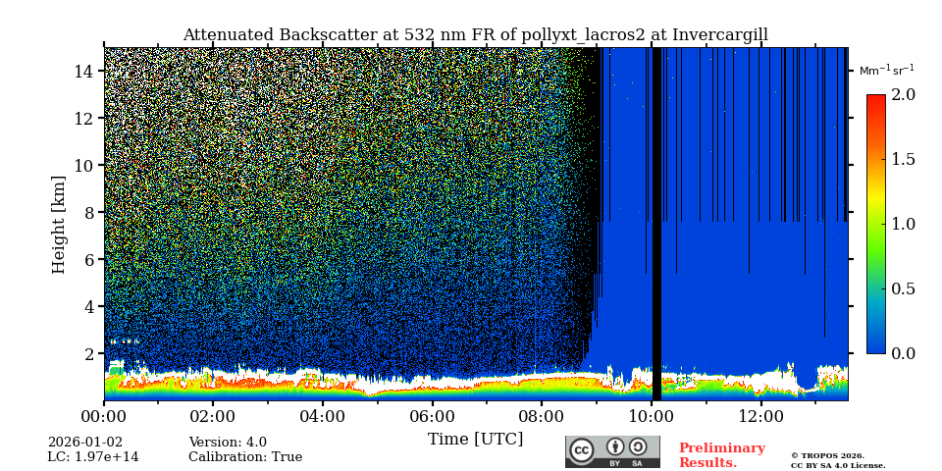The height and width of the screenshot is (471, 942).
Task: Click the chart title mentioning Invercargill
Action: pos(475,35)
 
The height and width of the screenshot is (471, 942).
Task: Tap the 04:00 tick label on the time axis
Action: pos(322,417)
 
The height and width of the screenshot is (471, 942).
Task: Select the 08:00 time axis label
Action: pos(541,417)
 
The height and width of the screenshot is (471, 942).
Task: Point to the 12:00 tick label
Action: pos(760,417)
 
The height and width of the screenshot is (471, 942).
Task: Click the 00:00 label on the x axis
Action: pos(103,417)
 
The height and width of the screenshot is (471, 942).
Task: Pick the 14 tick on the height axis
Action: pos(83,72)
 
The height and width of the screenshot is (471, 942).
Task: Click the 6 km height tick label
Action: pos(87,260)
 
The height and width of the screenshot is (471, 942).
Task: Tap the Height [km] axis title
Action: pos(59,225)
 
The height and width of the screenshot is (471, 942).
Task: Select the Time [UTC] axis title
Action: pos(475,440)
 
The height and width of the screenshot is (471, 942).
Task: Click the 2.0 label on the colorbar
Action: pos(903,95)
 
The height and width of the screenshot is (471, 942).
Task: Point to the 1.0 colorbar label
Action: pos(903,224)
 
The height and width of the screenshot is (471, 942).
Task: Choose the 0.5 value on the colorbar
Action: pos(903,288)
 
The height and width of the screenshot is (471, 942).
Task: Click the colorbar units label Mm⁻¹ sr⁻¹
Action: pos(886,70)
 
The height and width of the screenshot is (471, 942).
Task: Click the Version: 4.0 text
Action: pos(228,443)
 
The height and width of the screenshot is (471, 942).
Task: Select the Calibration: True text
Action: pos(245,457)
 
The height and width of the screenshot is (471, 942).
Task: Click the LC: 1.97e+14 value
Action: pos(93,457)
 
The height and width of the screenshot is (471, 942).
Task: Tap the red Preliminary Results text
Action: pos(721,455)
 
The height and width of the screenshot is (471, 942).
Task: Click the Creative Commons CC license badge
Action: pos(612,451)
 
